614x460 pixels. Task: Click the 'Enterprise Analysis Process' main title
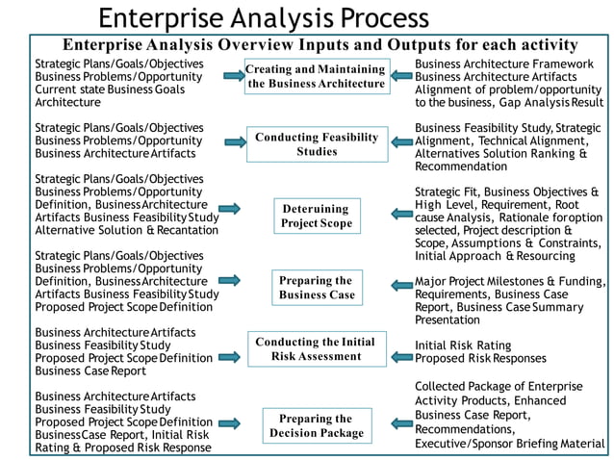point(264,18)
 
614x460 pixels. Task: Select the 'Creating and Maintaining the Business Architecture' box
point(318,76)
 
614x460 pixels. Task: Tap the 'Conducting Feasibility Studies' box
point(318,144)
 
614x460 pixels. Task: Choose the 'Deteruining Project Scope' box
point(317,217)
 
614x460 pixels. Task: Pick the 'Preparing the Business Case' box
point(318,288)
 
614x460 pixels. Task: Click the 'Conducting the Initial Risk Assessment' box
point(317,349)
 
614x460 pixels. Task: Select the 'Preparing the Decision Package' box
point(317,426)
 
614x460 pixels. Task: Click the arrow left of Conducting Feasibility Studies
point(236,142)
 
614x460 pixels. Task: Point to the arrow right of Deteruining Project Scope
point(401,214)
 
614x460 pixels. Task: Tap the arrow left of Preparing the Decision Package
point(229,423)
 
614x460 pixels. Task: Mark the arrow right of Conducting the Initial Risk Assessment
point(401,357)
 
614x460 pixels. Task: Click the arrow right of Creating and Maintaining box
point(401,76)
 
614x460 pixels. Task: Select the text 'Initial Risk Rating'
point(463,345)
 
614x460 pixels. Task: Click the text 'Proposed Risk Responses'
point(480,358)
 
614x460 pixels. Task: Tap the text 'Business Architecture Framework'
point(504,64)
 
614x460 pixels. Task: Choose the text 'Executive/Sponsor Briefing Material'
point(510,444)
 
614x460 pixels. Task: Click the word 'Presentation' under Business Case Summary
point(448,319)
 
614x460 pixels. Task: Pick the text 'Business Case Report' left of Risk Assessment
point(90,371)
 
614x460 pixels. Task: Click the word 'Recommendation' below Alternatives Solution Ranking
point(461,166)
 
